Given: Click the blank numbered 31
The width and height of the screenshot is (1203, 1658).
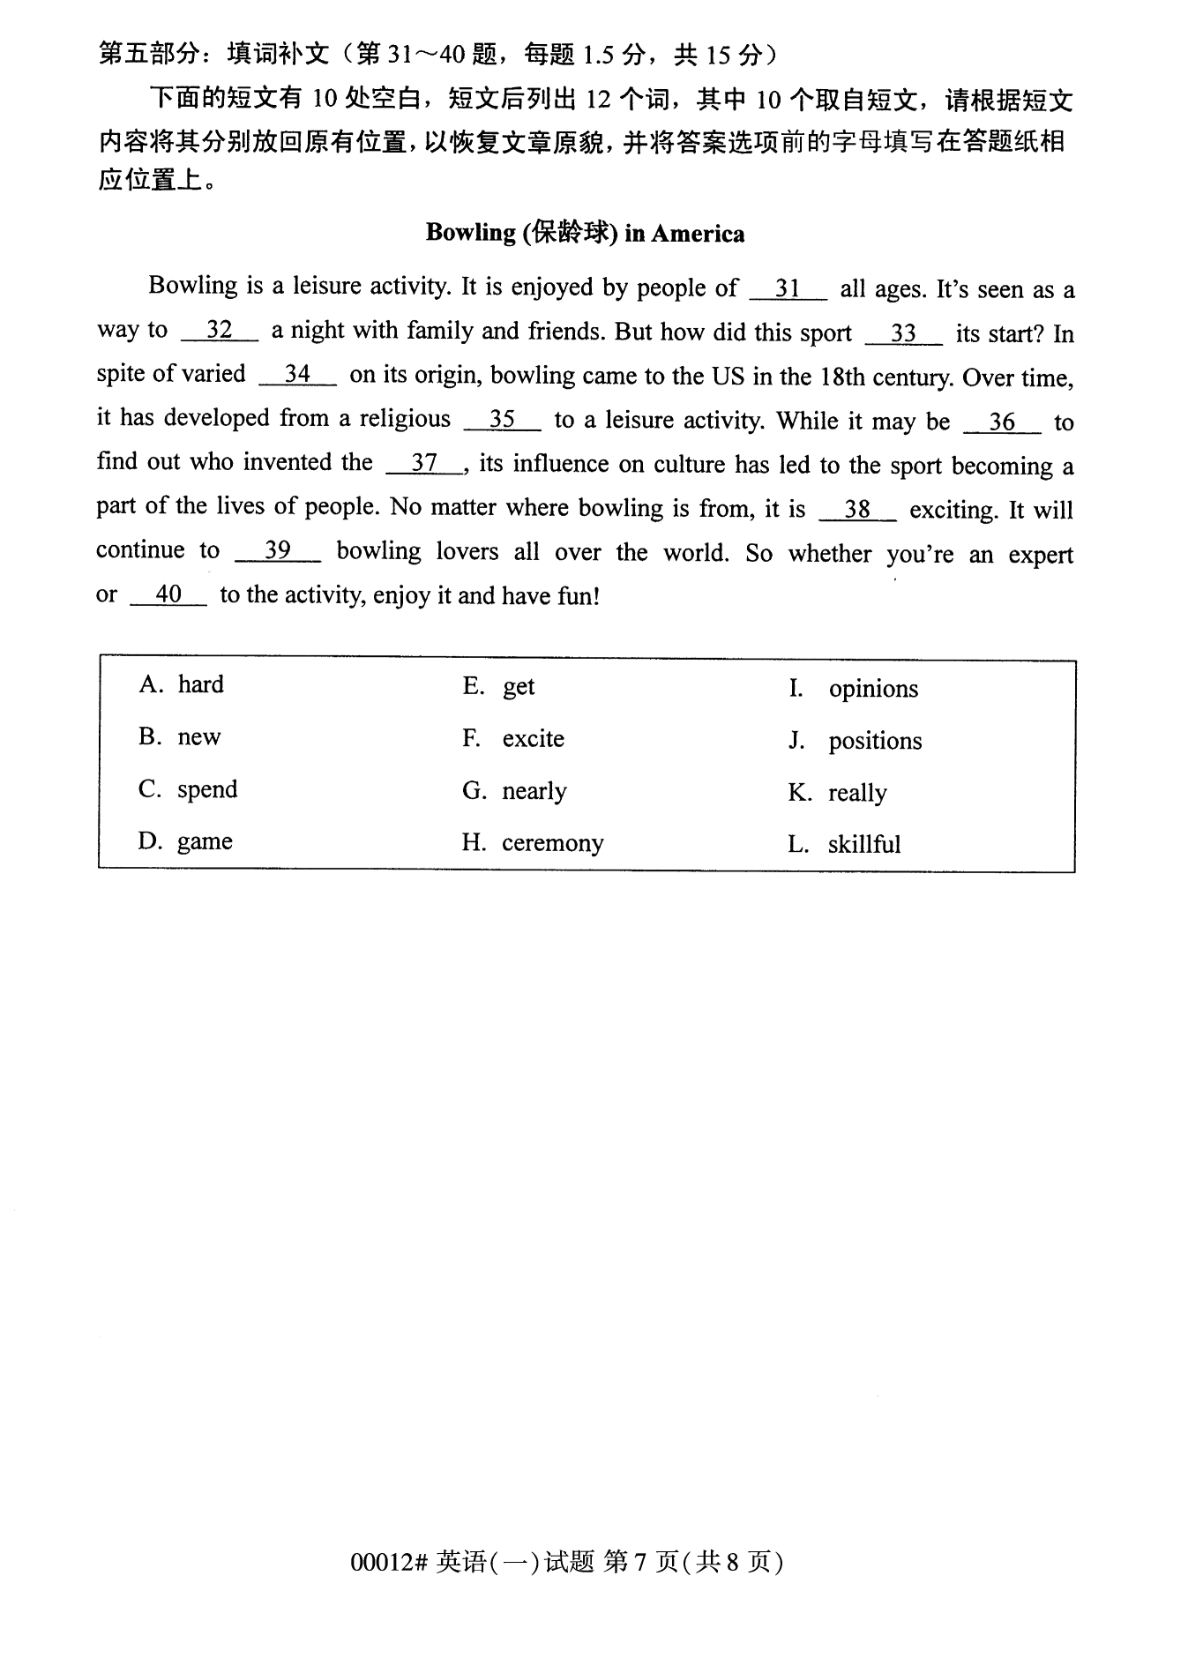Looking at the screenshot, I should [788, 288].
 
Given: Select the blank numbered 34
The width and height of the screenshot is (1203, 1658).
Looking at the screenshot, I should [297, 374].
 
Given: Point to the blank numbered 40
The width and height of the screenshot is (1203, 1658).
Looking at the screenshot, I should [168, 594].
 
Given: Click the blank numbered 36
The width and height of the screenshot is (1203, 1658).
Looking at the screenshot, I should [1002, 422].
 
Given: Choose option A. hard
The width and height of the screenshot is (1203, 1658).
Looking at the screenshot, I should [182, 684].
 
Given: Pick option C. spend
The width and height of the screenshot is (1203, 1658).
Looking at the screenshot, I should [188, 788].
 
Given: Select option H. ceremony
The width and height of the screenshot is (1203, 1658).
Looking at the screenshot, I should [533, 843].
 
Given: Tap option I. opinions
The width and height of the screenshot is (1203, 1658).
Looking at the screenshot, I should [853, 689].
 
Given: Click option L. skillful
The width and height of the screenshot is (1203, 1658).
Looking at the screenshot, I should [844, 845].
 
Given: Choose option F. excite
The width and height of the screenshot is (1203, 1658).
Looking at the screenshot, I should [513, 738].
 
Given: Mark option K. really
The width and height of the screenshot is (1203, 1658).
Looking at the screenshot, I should [837, 793].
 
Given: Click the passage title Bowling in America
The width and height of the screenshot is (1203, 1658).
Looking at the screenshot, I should [585, 233].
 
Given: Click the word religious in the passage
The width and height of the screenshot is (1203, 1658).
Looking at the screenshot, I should [405, 418].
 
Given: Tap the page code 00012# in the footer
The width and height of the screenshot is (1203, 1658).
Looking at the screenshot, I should [389, 1563].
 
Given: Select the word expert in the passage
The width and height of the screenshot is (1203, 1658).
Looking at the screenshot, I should [1041, 555].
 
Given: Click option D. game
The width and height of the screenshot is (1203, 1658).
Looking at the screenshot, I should [185, 841].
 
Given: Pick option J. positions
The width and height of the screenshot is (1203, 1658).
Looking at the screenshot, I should [855, 741].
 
